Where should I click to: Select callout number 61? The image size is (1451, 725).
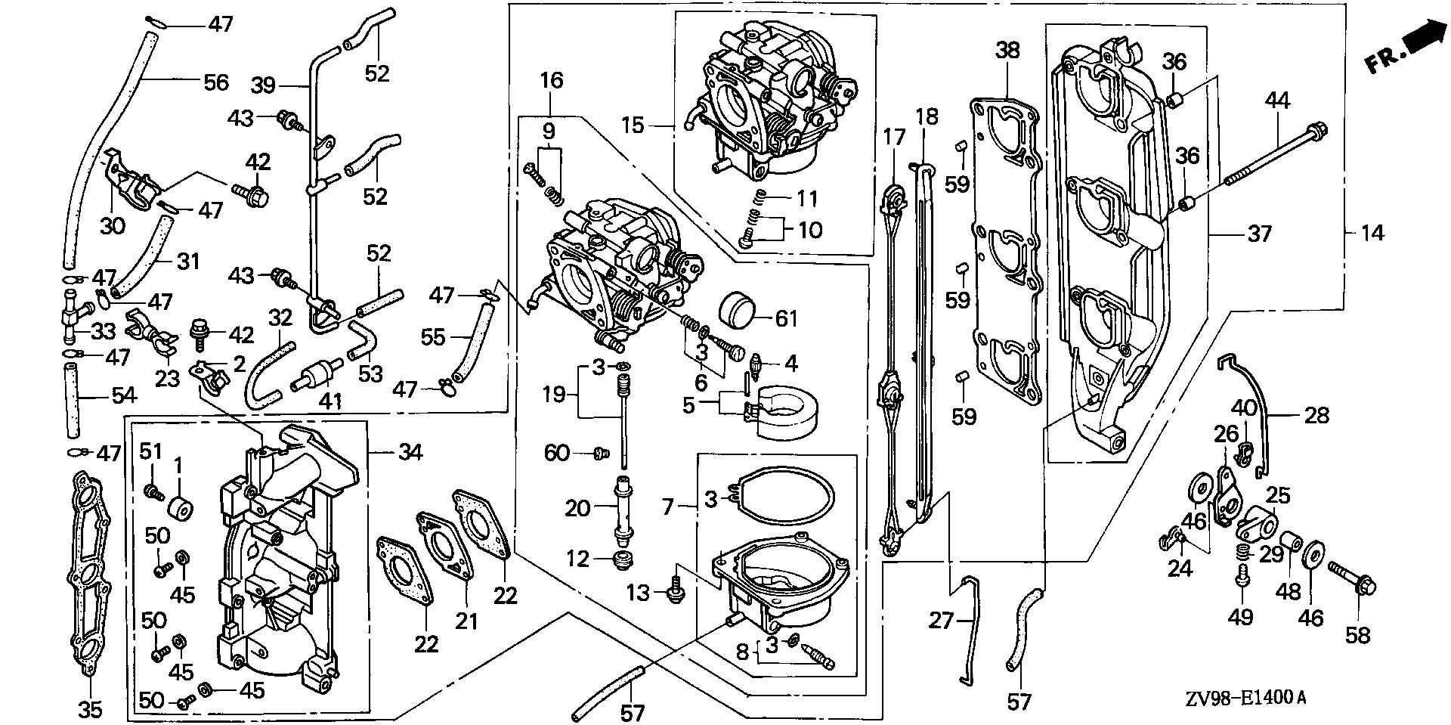(786, 318)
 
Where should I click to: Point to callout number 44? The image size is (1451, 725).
(1279, 101)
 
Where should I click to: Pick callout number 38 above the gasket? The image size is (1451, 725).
(1007, 51)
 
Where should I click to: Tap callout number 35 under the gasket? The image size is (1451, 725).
(90, 710)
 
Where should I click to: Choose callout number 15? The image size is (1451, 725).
(633, 125)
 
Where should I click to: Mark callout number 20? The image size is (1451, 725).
(577, 508)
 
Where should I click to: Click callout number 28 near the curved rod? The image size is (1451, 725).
(1316, 415)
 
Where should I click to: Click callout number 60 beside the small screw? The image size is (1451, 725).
(557, 453)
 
